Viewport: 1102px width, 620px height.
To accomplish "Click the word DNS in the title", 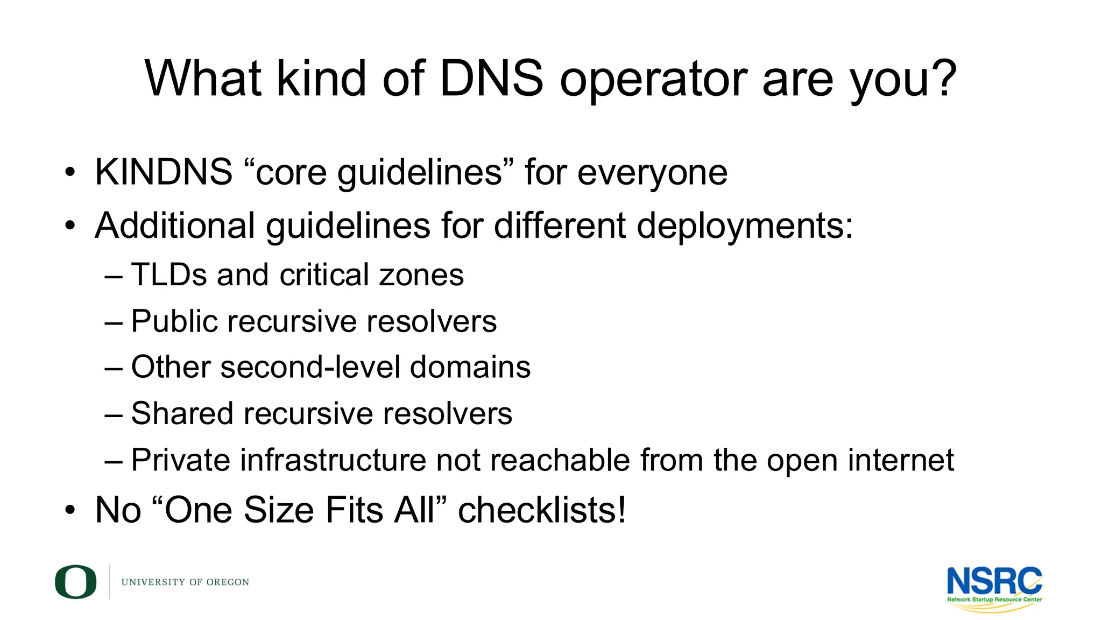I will (x=491, y=79).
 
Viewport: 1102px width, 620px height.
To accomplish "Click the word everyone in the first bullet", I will (x=652, y=173).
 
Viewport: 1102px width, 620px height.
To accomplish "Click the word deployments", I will (x=745, y=226).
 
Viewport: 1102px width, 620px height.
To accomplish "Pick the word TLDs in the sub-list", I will (x=169, y=274).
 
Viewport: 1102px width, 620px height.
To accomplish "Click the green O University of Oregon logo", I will (x=75, y=582).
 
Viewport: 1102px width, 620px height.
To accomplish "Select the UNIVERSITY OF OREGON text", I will (x=185, y=582).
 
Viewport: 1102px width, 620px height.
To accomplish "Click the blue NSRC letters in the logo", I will (x=993, y=581).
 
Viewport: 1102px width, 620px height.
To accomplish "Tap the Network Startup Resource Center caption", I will (x=994, y=600).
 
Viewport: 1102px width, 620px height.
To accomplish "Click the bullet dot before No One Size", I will (x=70, y=510).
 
